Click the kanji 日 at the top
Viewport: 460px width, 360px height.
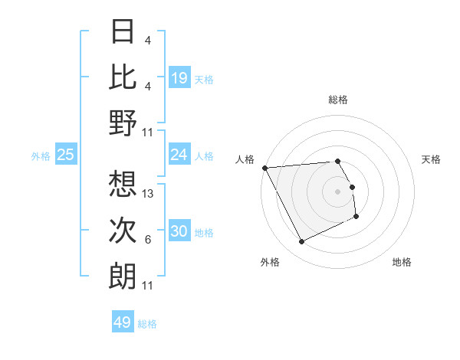(123, 32)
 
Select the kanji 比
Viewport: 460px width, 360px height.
(123, 77)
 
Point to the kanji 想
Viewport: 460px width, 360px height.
(123, 185)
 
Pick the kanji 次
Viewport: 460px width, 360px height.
(123, 230)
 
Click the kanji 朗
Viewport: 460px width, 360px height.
(123, 275)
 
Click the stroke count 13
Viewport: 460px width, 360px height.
(149, 195)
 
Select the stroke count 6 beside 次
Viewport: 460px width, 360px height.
(148, 241)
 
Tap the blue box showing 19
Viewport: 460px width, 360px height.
(179, 77)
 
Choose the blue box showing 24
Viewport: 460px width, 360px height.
(179, 155)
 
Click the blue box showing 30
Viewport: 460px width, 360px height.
(179, 231)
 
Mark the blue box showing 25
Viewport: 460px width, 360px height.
(65, 155)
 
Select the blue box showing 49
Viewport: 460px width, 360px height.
(123, 322)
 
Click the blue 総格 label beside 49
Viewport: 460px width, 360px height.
(148, 324)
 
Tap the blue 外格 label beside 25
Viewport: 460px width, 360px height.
(41, 156)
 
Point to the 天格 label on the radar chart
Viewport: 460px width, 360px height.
(431, 159)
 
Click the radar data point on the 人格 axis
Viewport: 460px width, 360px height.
(264, 167)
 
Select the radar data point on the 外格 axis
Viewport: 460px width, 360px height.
(301, 242)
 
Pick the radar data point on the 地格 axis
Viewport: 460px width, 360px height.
(356, 217)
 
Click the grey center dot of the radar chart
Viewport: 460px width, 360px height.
(337, 191)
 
